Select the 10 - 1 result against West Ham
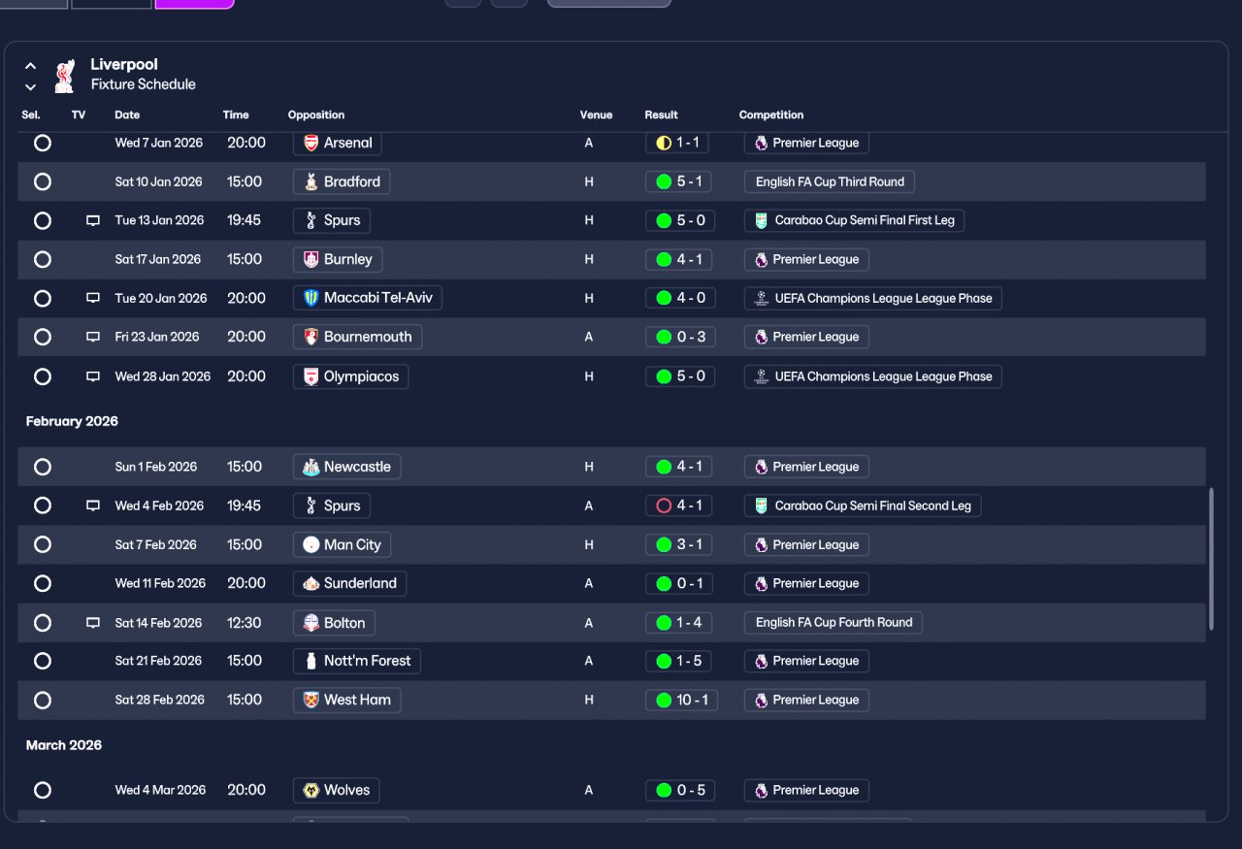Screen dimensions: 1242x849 (x=681, y=700)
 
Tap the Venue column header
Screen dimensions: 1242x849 (x=596, y=114)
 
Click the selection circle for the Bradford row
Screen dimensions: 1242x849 (x=43, y=181)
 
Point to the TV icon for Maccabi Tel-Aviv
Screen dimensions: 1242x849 (x=93, y=298)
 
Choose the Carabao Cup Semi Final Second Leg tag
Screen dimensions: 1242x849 (x=863, y=506)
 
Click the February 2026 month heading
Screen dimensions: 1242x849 (x=72, y=421)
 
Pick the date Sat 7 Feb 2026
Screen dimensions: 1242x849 (x=156, y=544)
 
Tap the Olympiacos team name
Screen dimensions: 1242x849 (x=361, y=376)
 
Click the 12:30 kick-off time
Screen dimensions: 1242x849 (x=244, y=623)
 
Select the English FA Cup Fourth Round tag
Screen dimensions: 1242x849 (x=833, y=622)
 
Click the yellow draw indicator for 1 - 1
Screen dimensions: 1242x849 (x=664, y=143)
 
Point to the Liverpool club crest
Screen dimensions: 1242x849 (x=65, y=76)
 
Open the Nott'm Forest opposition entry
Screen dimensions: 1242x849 (x=356, y=661)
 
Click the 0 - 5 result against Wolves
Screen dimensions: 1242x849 (x=680, y=790)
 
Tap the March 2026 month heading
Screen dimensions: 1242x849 (x=64, y=745)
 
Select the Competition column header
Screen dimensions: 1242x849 (x=771, y=114)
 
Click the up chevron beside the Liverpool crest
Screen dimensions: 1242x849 (x=30, y=66)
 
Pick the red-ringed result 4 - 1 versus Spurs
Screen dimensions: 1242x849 (x=678, y=506)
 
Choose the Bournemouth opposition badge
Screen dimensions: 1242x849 (x=311, y=337)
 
